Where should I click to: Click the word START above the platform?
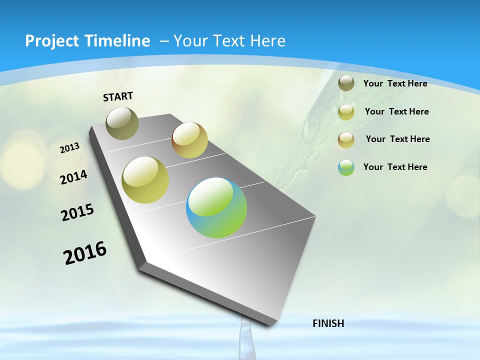click(x=118, y=96)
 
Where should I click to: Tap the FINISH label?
click(x=328, y=323)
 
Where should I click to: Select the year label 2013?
click(x=69, y=148)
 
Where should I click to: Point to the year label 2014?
click(x=73, y=177)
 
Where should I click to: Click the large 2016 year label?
click(x=85, y=253)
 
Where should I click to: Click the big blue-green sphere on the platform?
click(x=216, y=207)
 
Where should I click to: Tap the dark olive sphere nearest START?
click(x=122, y=123)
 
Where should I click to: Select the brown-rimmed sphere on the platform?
click(x=189, y=140)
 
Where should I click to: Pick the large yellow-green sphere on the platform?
click(x=145, y=180)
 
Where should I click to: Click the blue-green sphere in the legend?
click(x=346, y=167)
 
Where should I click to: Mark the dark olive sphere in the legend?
click(x=346, y=83)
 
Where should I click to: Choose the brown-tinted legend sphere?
click(x=346, y=139)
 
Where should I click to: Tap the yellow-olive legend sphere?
click(x=346, y=111)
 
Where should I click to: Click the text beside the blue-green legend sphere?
click(x=395, y=167)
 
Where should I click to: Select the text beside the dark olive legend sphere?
click(x=395, y=83)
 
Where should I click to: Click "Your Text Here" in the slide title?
click(x=229, y=41)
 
